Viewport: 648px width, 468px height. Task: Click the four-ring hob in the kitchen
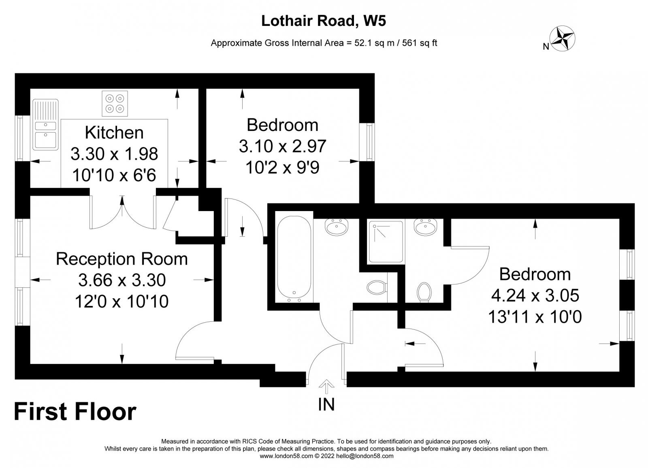(115, 103)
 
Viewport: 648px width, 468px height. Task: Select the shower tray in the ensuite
(386, 241)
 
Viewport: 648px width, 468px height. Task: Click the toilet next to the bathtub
(377, 288)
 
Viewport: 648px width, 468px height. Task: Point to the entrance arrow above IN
(326, 386)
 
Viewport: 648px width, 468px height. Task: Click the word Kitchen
(114, 133)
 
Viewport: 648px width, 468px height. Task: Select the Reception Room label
(122, 259)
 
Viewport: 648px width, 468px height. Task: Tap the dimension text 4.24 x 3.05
(535, 295)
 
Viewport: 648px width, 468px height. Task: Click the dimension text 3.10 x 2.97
(282, 146)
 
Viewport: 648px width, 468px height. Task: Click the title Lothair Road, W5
(323, 21)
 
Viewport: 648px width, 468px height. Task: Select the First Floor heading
(75, 412)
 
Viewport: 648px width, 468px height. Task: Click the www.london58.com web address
(286, 456)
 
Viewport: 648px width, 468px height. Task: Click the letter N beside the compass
(546, 47)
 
